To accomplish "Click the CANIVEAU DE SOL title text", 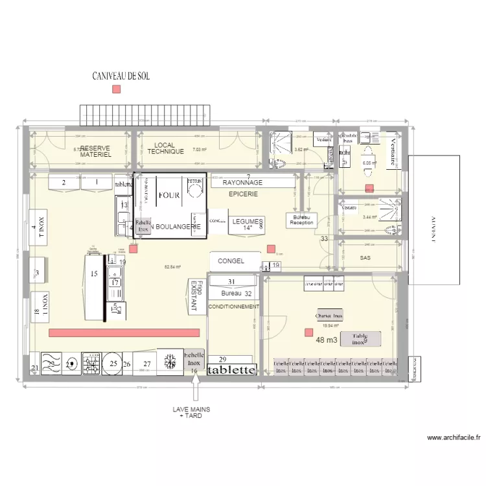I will (121, 76).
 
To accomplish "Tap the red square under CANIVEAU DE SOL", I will (116, 89).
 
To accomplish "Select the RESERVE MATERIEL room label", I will (95, 152).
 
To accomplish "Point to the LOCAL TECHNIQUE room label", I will (161, 148).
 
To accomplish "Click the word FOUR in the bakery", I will (168, 194).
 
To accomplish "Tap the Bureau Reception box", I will (301, 219).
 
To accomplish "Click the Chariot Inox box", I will (329, 316).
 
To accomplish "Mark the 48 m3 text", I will (327, 340).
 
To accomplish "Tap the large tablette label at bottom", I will (231, 370).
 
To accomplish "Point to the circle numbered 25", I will (113, 364).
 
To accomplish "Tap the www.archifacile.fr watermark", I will (454, 437).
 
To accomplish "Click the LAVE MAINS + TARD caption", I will (191, 412).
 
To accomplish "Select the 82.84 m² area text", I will (172, 266).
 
